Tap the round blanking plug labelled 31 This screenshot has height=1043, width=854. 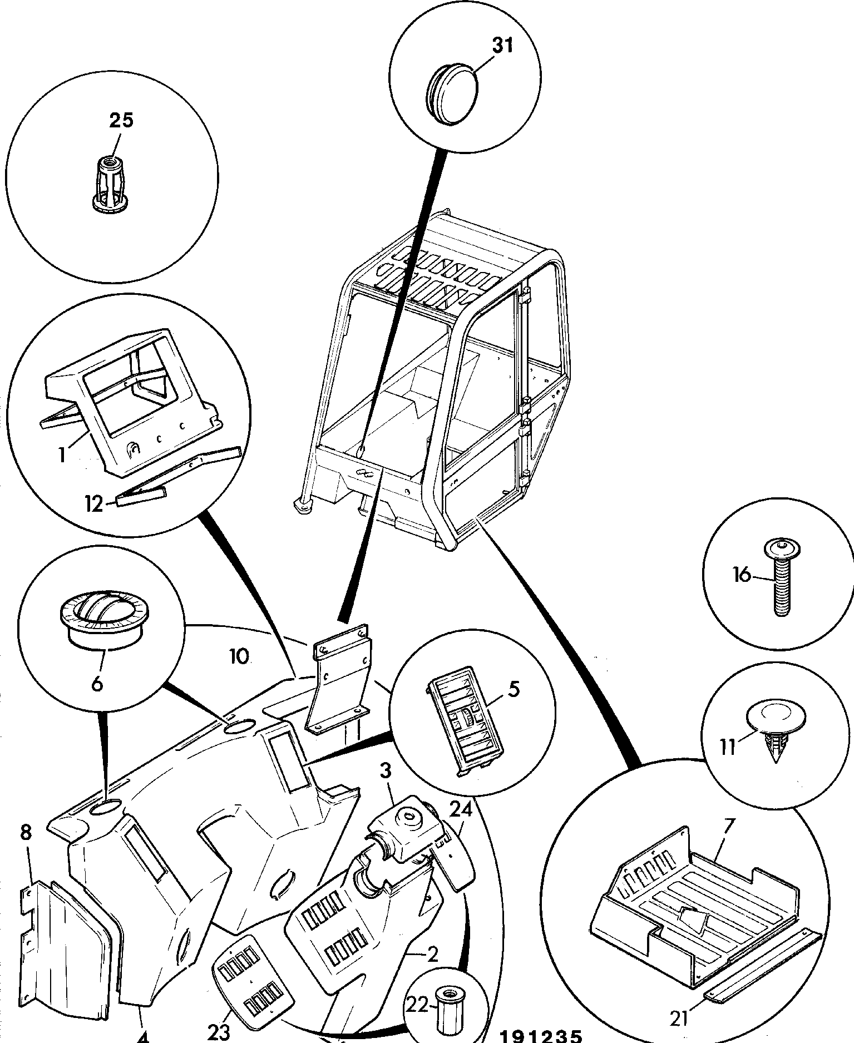452,89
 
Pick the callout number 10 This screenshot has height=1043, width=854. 239,656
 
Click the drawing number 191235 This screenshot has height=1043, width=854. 540,1036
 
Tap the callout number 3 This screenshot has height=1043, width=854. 386,772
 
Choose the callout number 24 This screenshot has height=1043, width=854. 461,810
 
